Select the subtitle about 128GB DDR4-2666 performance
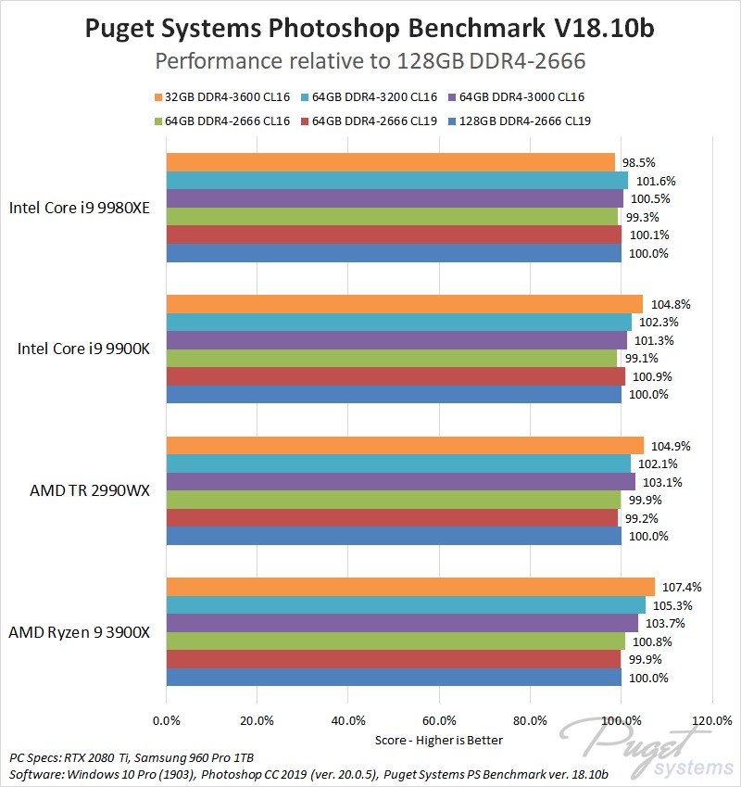pyautogui.click(x=370, y=61)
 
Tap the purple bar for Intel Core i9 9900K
pyautogui.click(x=396, y=340)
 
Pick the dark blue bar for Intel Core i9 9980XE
pyautogui.click(x=394, y=253)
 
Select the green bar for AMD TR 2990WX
pyautogui.click(x=393, y=500)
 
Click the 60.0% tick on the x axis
pyautogui.click(x=439, y=720)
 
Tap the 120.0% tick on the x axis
pyautogui.click(x=711, y=720)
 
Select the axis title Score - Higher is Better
pyautogui.click(x=438, y=740)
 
